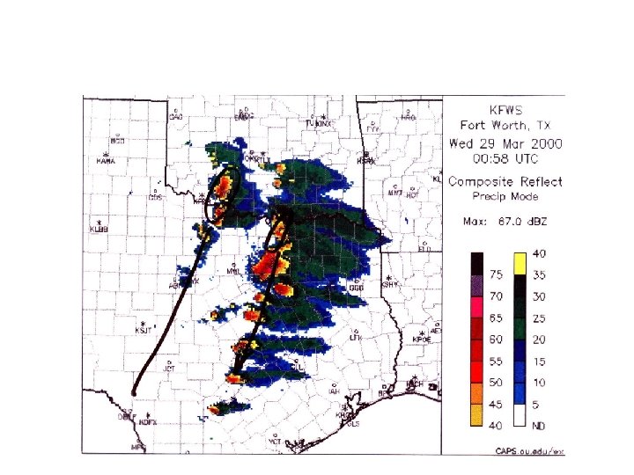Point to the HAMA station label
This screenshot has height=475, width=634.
106,162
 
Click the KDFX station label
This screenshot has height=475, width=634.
148,423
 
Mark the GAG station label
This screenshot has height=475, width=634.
175,118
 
